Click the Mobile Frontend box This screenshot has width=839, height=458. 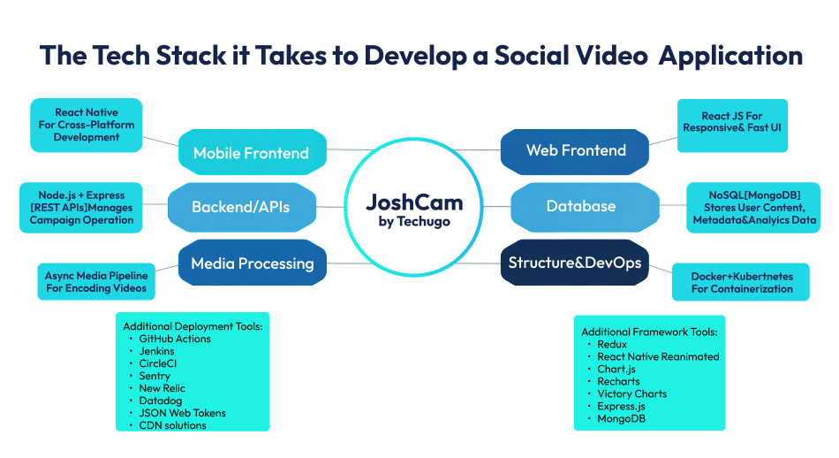[251, 153]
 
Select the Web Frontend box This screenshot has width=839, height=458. [576, 150]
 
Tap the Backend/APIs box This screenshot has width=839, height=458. [240, 207]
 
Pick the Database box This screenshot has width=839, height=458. [581, 206]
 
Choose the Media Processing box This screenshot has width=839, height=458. [253, 263]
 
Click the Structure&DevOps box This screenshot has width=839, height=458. [574, 262]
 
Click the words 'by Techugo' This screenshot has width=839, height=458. [414, 222]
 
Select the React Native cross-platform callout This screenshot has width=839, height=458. [87, 125]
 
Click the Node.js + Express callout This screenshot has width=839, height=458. [81, 208]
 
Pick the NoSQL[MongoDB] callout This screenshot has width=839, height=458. [753, 208]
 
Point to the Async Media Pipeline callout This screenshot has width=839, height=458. [95, 282]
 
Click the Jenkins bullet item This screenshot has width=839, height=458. [157, 351]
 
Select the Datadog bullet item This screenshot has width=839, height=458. [161, 401]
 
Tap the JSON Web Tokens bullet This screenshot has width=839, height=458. [182, 413]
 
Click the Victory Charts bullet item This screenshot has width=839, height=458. [631, 393]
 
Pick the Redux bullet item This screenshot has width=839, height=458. [612, 344]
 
